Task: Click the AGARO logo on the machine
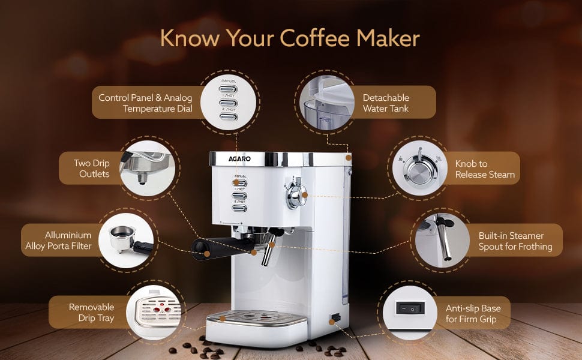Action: tap(239, 159)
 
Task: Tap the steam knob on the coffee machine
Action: tap(296, 194)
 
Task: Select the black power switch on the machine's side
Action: tap(335, 317)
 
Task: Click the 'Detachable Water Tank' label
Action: tap(386, 103)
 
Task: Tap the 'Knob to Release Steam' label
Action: tap(485, 169)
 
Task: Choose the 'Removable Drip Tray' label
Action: tap(91, 313)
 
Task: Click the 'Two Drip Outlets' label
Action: tap(92, 169)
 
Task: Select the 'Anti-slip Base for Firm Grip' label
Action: tap(473, 314)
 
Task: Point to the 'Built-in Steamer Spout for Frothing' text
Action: tap(515, 241)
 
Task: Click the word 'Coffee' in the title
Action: tap(314, 38)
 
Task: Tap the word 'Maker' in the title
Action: tap(388, 38)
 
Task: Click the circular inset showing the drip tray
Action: tap(154, 312)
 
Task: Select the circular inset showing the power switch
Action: tap(410, 313)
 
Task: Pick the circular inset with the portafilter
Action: tap(126, 241)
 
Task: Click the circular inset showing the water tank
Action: tap(326, 103)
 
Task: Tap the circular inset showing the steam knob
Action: tap(420, 168)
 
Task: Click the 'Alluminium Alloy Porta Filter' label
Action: tap(58, 241)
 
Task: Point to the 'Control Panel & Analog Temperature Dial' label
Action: tap(145, 103)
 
